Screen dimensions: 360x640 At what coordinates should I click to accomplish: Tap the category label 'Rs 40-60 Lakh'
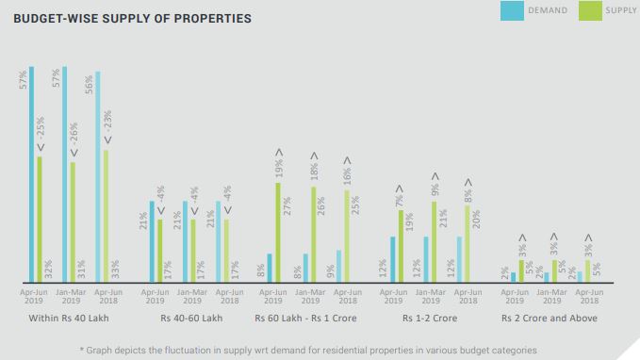[x=190, y=319]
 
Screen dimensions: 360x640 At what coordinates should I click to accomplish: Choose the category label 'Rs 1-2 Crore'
[x=430, y=319]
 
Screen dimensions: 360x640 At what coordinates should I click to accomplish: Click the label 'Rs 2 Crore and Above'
[x=551, y=319]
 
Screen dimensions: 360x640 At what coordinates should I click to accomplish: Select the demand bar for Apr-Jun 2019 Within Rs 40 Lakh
[x=31, y=174]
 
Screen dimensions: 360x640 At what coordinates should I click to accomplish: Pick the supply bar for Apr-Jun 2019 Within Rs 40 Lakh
[x=40, y=219]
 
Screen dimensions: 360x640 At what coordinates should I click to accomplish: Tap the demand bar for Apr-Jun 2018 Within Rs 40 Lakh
[x=98, y=176]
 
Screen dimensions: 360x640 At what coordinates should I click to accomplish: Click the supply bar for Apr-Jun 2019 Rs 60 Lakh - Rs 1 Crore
[x=278, y=232]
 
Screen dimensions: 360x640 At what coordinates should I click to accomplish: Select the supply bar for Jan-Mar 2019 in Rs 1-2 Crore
[x=435, y=241]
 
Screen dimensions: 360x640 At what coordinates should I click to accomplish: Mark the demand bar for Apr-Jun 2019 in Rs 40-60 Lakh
[x=153, y=241]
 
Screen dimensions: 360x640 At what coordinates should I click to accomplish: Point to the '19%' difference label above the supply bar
[x=279, y=169]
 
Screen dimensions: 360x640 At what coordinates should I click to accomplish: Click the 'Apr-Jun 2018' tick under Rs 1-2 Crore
[x=468, y=295]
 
